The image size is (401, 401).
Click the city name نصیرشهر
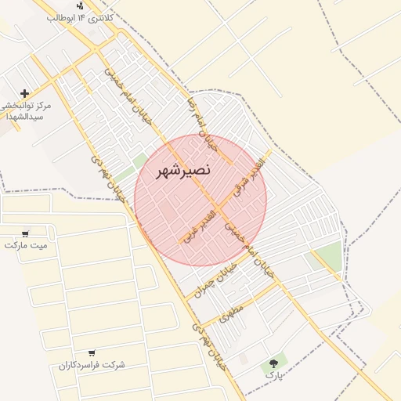(x=182, y=170)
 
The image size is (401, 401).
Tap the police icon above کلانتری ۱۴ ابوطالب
(x=80, y=5)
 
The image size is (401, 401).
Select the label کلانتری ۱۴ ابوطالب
(x=81, y=16)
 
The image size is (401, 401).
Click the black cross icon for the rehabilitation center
(x=25, y=93)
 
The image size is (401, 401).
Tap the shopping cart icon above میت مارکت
(x=25, y=233)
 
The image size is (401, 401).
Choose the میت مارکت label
(x=25, y=245)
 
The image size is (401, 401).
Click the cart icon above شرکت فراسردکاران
(x=92, y=353)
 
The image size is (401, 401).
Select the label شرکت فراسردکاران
(x=92, y=365)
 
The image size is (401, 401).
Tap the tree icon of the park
(x=273, y=363)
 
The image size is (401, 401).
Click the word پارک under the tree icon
(x=273, y=375)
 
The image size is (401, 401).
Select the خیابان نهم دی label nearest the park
(x=208, y=345)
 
